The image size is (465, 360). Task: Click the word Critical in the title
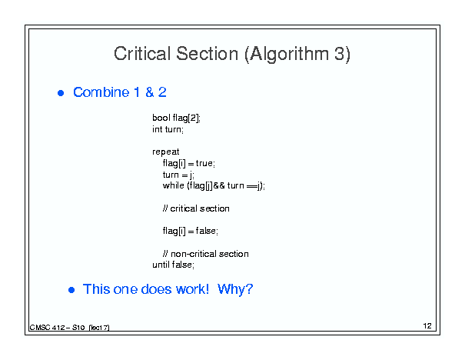point(141,54)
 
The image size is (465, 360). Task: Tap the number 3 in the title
point(340,54)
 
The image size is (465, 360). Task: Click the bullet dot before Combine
point(61,93)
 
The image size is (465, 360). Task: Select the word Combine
point(101,92)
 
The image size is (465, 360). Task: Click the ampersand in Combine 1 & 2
point(150,92)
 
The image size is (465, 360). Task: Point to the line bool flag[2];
point(177,118)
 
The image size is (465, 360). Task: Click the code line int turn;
point(168,129)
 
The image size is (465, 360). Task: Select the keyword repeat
point(166,152)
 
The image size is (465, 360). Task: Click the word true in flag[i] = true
point(204,163)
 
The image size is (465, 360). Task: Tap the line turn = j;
point(178,175)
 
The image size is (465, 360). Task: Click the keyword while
point(174,185)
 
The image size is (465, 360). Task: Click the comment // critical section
point(196,208)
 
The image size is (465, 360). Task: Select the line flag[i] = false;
point(191,231)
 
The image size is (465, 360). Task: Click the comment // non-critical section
point(206,254)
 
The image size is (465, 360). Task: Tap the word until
point(161,265)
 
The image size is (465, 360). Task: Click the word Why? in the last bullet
point(235,289)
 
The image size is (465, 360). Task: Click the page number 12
point(427,326)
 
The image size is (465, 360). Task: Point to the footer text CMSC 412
point(47,328)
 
